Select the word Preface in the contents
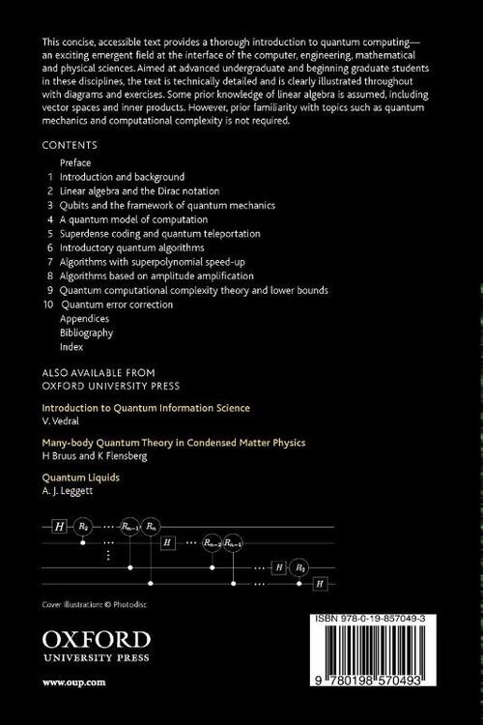(x=75, y=162)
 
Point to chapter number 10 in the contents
(x=49, y=304)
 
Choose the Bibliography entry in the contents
(x=86, y=333)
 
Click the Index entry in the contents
(x=72, y=346)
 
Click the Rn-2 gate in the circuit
(x=213, y=544)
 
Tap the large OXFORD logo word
(x=97, y=638)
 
